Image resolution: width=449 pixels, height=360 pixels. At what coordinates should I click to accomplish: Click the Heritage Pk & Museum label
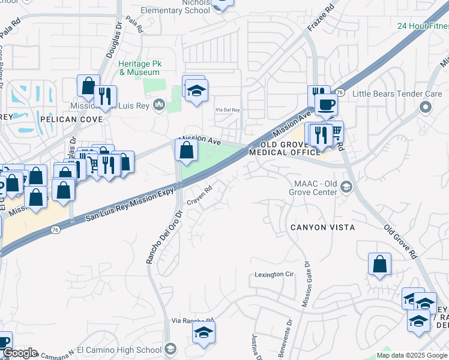tap(139, 68)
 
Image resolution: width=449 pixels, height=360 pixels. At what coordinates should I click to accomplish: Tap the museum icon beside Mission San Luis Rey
tap(159, 106)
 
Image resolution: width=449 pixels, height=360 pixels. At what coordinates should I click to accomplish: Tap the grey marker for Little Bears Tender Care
tap(426, 107)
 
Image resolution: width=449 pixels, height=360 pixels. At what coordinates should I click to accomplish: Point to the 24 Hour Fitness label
tap(423, 26)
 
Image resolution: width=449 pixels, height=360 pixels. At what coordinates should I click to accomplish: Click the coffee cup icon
tap(326, 104)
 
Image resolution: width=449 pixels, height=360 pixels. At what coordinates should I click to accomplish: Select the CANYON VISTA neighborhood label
tap(322, 227)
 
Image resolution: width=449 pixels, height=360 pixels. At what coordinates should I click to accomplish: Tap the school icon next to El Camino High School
tap(170, 350)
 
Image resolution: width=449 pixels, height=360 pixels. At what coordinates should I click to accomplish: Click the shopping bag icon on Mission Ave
tap(187, 150)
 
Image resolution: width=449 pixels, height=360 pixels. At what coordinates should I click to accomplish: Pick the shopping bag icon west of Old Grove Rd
tap(379, 265)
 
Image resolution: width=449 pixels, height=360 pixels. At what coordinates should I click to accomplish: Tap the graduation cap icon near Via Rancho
tap(203, 332)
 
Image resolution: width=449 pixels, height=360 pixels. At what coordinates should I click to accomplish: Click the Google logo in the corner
tap(19, 353)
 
